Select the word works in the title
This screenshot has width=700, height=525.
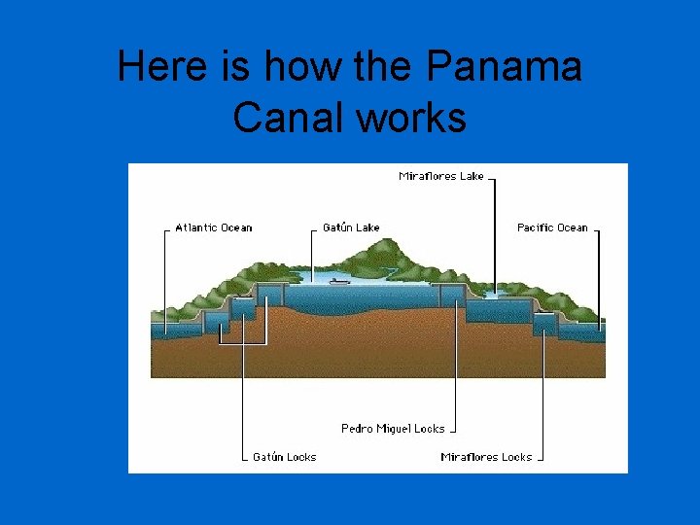pyautogui.click(x=412, y=119)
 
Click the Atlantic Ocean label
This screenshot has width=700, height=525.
pyautogui.click(x=213, y=227)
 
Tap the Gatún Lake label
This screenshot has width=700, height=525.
pyautogui.click(x=351, y=227)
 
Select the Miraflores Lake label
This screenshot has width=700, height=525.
pyautogui.click(x=441, y=176)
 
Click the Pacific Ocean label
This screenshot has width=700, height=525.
pyautogui.click(x=552, y=227)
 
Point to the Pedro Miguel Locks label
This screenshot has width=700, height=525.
pyautogui.click(x=393, y=429)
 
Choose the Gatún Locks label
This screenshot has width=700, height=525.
pyautogui.click(x=284, y=457)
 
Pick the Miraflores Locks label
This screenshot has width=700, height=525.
pyautogui.click(x=486, y=457)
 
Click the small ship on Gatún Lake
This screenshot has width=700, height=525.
pyautogui.click(x=339, y=281)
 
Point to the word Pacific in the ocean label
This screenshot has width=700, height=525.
pyautogui.click(x=536, y=227)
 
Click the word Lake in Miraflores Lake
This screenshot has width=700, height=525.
pyautogui.click(x=472, y=176)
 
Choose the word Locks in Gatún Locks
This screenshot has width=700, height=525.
pyautogui.click(x=301, y=457)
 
